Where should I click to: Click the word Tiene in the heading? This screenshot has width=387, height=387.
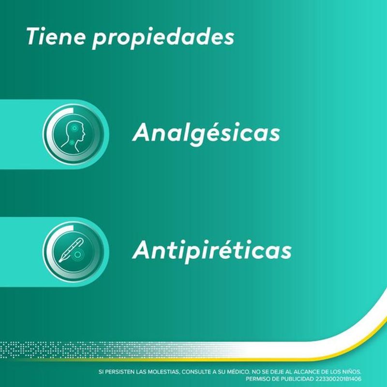56,36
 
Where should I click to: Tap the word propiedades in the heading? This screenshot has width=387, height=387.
163,38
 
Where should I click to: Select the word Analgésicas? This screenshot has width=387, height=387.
207,133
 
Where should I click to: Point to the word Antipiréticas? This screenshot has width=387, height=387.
212,250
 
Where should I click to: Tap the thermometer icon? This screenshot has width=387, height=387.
71,250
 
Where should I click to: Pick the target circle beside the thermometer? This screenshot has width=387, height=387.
78,254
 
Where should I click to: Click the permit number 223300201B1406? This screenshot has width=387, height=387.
338,379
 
